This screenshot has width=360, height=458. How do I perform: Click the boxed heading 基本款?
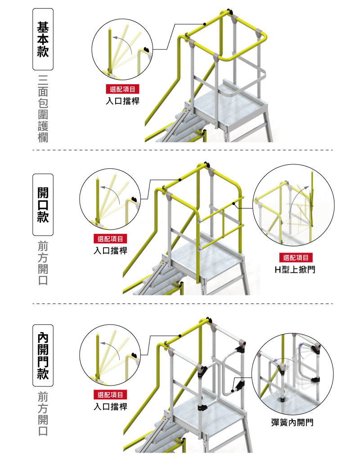43,39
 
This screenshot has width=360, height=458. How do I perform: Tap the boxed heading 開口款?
43,204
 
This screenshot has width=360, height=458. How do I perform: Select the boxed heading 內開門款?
43,355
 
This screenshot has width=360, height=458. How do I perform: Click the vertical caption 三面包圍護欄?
43,109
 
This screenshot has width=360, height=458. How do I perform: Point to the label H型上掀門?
295,269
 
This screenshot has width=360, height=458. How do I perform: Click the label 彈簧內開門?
292,422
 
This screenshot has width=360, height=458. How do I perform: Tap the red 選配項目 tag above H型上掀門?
296,258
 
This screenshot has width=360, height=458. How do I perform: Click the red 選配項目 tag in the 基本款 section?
123,89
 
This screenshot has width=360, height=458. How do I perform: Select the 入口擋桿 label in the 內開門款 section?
110,406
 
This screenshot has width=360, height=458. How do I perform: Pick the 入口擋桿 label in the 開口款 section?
110,250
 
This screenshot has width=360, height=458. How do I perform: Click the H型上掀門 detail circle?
293,205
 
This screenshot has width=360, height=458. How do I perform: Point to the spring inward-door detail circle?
292,374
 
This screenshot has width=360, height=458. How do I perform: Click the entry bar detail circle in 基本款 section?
122,49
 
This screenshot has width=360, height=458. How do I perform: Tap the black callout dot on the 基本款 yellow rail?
205,24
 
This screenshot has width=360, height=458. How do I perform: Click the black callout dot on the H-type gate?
234,203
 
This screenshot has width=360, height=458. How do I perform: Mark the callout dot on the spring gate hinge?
233,391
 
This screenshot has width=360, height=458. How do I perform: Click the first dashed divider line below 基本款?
183,150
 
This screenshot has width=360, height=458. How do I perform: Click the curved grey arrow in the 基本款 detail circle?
123,44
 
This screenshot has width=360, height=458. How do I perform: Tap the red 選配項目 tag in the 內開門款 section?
110,395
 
